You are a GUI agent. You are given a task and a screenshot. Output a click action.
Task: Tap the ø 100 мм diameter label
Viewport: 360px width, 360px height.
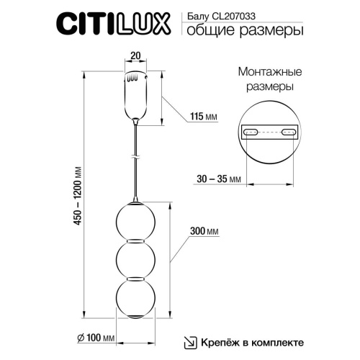click(x=94, y=337)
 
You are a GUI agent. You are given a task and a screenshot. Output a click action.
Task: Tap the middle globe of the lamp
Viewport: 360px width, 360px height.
click(x=135, y=257)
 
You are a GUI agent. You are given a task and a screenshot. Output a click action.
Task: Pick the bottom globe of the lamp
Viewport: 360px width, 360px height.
click(x=135, y=295)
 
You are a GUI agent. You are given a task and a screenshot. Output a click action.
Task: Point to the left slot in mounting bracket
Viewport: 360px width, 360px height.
click(x=252, y=132)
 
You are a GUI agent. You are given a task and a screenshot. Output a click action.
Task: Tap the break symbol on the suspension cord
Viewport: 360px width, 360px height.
click(x=135, y=156)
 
